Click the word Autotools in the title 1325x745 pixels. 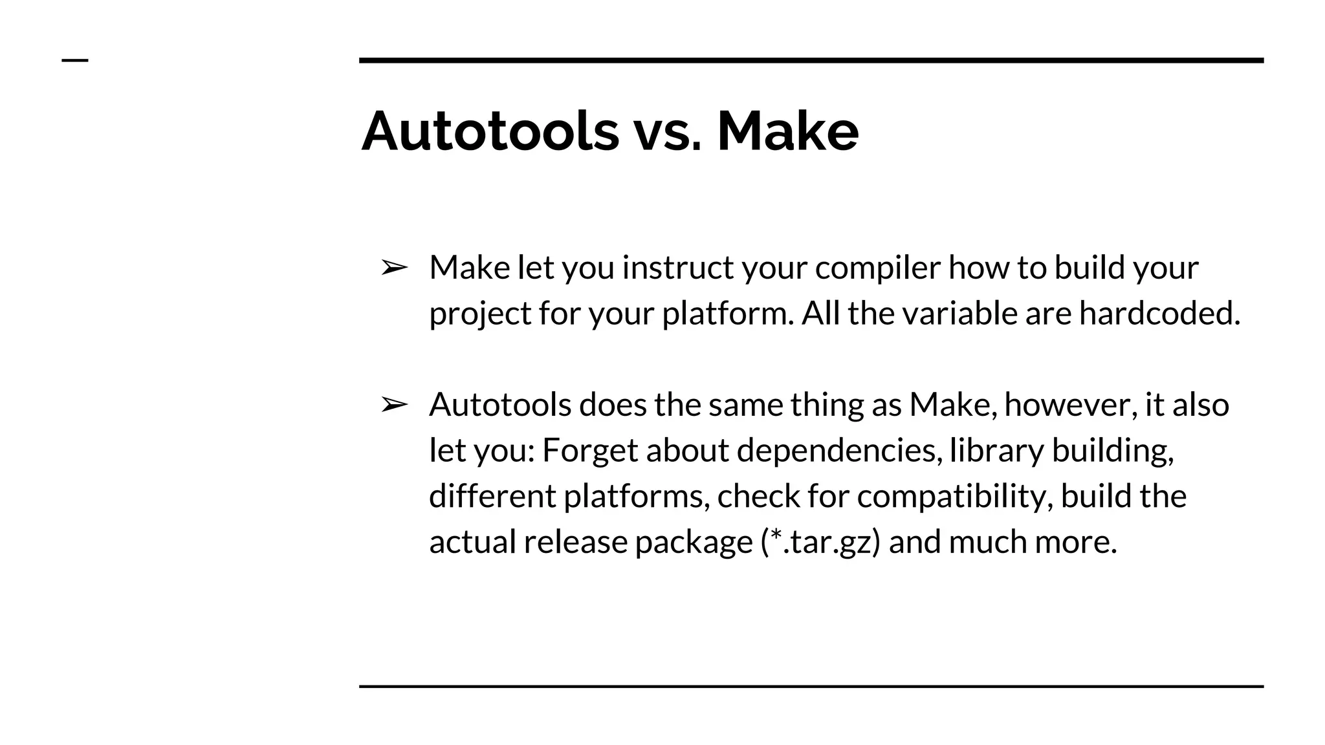[x=490, y=131]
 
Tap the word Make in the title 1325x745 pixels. [x=787, y=131]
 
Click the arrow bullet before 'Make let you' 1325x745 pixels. [x=394, y=267]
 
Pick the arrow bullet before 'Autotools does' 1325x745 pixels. [x=394, y=405]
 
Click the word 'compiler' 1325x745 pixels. [x=877, y=268]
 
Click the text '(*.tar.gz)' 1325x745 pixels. [x=820, y=542]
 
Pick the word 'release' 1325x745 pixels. [x=575, y=542]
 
